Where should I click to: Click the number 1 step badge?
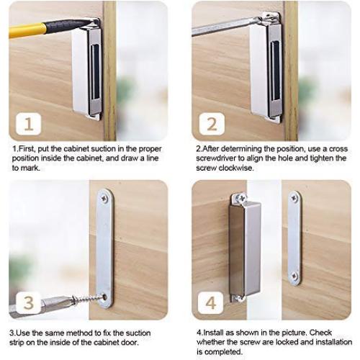click(29, 124)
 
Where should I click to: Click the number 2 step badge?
click(212, 124)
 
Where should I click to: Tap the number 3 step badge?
click(29, 302)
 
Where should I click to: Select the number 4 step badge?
click(211, 302)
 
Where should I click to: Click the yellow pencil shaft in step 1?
click(27, 30)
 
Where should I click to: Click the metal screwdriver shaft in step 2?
click(225, 27)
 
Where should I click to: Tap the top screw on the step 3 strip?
click(105, 199)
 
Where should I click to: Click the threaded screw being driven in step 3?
click(88, 299)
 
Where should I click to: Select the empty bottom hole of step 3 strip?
click(105, 297)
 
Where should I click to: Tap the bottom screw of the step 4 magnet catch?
click(238, 298)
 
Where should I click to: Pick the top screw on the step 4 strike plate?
click(294, 198)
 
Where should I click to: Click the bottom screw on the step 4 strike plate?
click(294, 276)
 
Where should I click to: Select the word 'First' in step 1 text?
click(26, 149)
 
